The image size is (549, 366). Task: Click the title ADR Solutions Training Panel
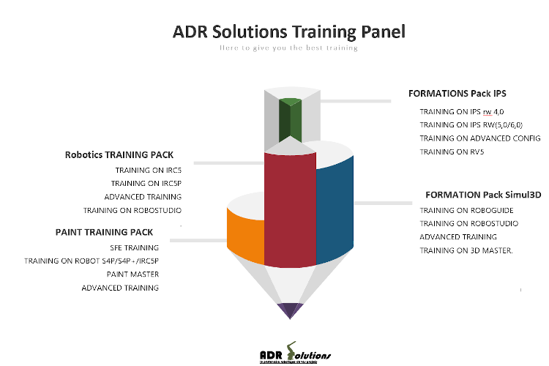(x=288, y=32)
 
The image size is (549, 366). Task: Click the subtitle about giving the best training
(x=288, y=48)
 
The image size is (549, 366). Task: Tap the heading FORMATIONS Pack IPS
(x=457, y=94)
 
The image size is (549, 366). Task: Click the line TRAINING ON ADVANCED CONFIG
(x=479, y=138)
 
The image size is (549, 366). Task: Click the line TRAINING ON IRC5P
(x=146, y=183)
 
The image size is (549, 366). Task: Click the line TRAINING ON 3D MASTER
(x=466, y=251)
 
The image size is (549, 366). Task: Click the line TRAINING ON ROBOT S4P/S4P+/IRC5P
(x=91, y=261)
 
